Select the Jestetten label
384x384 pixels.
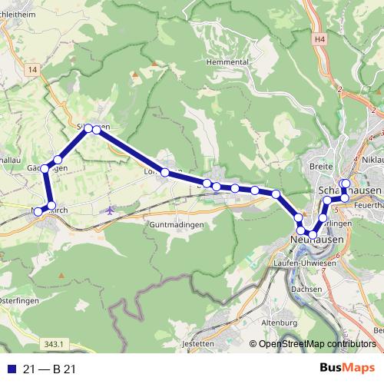click(199, 343)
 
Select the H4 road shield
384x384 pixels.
click(320, 37)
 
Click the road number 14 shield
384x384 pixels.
click(31, 69)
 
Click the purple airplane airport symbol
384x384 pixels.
click(111, 209)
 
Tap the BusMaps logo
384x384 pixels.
click(346, 368)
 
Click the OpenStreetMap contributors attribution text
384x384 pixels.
click(316, 343)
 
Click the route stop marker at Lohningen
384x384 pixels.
click(165, 173)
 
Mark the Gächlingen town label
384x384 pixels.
click(42, 167)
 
